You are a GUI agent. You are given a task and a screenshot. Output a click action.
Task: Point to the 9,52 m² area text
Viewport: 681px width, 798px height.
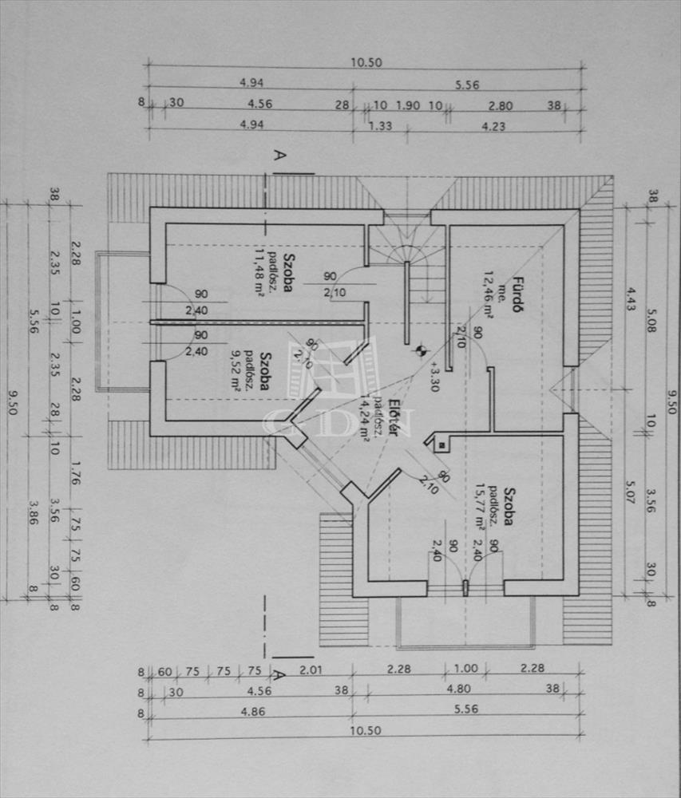click(x=236, y=371)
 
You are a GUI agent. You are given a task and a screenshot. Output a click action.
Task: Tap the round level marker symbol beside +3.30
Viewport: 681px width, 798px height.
click(x=418, y=349)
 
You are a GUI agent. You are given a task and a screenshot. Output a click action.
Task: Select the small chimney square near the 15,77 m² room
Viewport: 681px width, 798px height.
click(x=438, y=445)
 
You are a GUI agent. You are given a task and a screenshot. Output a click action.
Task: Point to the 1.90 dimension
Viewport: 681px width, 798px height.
click(x=408, y=105)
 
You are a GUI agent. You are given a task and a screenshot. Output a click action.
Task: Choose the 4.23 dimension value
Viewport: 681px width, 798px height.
click(x=493, y=125)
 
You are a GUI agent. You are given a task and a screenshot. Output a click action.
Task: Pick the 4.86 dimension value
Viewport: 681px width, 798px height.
click(x=249, y=711)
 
